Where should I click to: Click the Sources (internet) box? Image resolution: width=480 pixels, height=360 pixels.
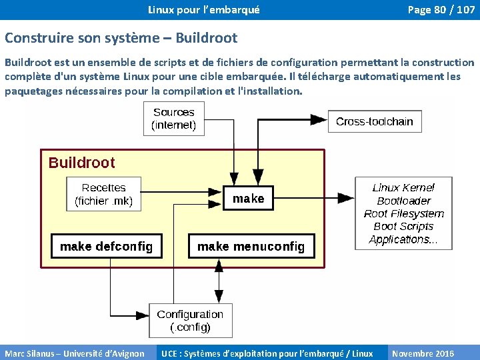(173, 119)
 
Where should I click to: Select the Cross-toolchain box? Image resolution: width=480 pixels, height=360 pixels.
(374, 121)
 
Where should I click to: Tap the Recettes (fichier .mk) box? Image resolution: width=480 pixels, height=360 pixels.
(103, 194)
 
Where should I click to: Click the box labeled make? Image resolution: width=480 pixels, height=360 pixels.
(248, 199)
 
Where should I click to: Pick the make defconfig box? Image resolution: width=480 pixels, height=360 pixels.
(106, 246)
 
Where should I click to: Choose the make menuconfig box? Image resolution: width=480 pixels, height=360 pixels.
(251, 246)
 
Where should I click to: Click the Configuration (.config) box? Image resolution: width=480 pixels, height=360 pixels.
(190, 321)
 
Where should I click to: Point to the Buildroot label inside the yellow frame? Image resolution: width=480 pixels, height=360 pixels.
(81, 163)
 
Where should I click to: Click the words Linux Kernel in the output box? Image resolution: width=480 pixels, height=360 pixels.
(403, 188)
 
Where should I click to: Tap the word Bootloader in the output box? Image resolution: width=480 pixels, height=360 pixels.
(403, 201)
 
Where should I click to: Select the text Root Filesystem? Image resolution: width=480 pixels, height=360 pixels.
(403, 213)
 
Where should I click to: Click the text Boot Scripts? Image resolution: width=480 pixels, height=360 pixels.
(403, 227)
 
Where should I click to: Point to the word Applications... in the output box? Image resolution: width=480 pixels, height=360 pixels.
(403, 239)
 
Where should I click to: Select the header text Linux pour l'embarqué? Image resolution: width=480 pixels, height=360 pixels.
(203, 10)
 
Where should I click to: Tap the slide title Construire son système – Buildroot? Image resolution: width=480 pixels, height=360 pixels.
(121, 38)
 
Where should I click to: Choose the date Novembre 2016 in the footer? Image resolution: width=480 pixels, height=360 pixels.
(423, 353)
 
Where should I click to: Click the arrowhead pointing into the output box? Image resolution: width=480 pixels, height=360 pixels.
(347, 197)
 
